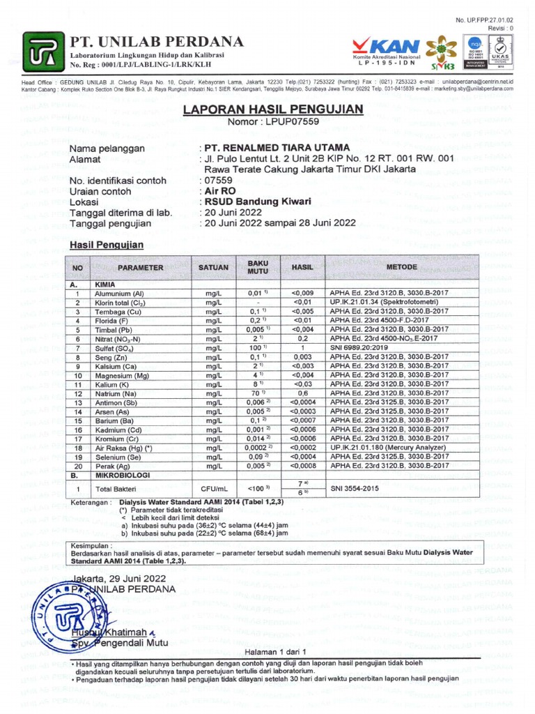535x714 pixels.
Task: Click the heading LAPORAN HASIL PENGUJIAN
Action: (x=273, y=109)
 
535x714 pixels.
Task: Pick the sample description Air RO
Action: (x=217, y=190)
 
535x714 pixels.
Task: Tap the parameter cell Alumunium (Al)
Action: (x=119, y=294)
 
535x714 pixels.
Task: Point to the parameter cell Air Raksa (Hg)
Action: (x=123, y=447)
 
